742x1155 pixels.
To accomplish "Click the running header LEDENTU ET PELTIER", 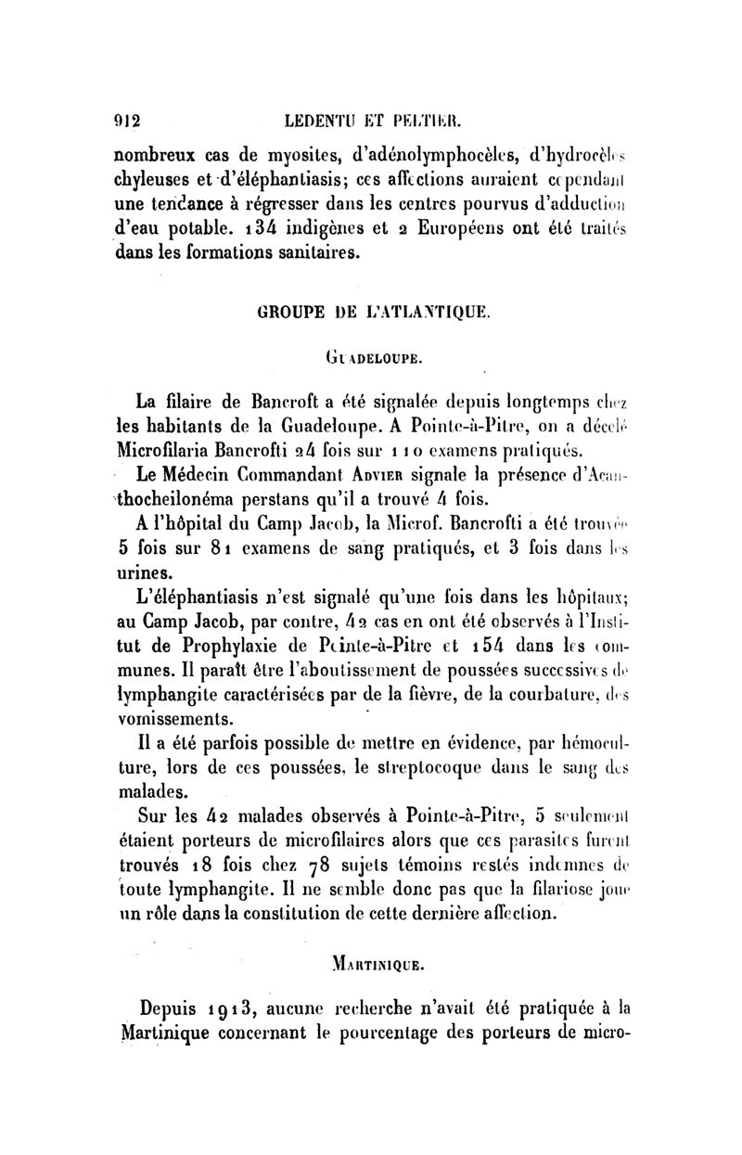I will coord(389,119).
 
